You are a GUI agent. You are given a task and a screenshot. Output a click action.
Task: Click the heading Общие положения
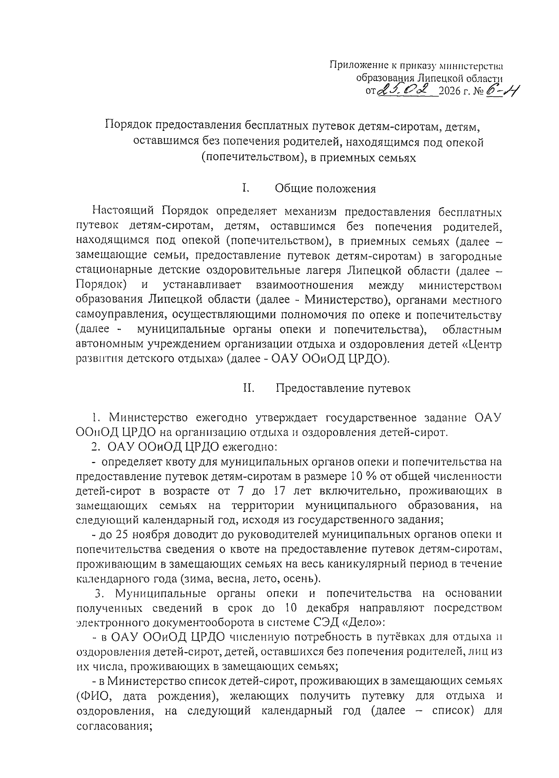click(325, 189)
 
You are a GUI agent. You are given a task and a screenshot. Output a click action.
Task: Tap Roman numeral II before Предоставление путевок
click(248, 388)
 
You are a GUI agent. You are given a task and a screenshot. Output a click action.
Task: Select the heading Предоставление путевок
click(343, 388)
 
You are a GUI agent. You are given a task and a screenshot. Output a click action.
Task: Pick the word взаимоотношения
click(305, 285)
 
